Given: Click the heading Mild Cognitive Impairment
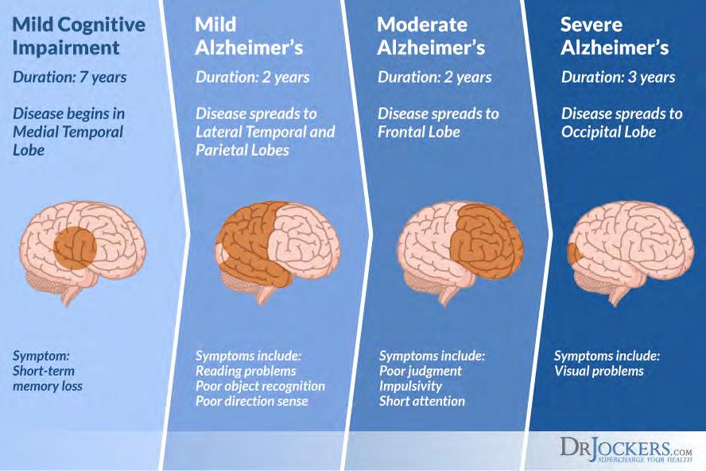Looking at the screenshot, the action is (79, 35).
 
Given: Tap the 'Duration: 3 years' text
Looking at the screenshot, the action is (618, 77).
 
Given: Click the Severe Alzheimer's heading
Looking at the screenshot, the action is (615, 35).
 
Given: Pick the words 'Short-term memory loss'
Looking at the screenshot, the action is (48, 378).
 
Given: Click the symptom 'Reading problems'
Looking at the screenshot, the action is (246, 371).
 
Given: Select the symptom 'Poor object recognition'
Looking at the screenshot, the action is (260, 386).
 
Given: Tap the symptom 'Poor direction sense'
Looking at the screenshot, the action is (251, 401).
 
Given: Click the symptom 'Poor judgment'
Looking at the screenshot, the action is (421, 371).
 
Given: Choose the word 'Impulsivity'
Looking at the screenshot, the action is (410, 386).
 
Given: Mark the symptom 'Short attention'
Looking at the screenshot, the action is (421, 401).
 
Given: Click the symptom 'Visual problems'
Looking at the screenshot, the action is (599, 371).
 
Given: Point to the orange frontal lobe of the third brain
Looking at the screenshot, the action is (480, 238).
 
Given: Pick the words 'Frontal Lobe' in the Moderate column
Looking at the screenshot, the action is (418, 132).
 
